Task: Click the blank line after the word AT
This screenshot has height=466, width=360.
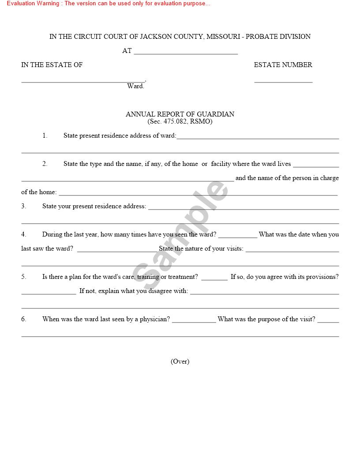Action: (186, 52)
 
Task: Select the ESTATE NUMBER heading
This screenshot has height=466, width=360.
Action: (283, 65)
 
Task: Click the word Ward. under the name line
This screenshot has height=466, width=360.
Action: (135, 86)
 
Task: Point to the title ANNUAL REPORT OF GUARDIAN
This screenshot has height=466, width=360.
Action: (180, 114)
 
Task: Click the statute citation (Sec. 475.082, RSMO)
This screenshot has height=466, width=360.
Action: (180, 121)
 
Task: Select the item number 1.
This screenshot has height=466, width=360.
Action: (45, 135)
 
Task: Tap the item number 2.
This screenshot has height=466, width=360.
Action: (45, 164)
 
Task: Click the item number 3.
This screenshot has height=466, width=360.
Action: (24, 206)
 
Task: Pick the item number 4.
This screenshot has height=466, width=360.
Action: (24, 234)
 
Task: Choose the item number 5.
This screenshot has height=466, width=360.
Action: (24, 277)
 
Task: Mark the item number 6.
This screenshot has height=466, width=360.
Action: (24, 319)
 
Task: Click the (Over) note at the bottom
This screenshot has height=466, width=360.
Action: (180, 361)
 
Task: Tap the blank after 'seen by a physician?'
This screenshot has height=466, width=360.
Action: (194, 320)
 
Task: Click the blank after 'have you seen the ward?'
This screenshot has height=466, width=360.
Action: (237, 236)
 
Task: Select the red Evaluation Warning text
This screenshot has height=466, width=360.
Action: (109, 4)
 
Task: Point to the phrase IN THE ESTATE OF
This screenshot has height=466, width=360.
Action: (52, 65)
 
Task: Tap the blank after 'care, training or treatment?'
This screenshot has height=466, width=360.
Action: (214, 278)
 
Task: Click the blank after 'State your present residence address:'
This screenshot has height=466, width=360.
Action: (244, 207)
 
